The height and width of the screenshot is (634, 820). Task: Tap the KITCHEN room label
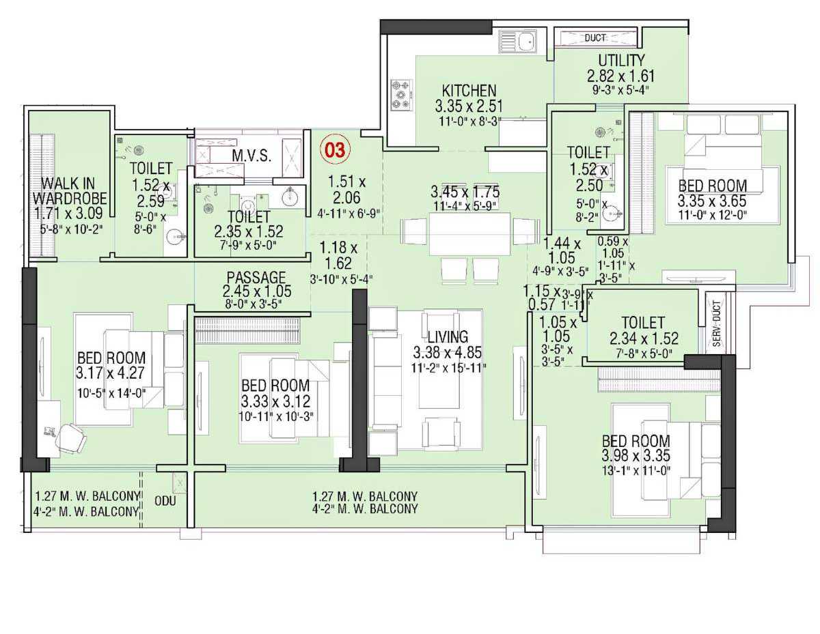(469, 91)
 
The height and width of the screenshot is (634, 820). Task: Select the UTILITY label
(620, 61)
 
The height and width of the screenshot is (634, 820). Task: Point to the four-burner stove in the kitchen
(400, 95)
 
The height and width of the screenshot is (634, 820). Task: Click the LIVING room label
(448, 336)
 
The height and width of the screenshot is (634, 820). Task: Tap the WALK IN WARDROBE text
(69, 191)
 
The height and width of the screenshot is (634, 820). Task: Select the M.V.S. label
(251, 155)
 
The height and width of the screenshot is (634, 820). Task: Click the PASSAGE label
(256, 277)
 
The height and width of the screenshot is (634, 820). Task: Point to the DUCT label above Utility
(596, 38)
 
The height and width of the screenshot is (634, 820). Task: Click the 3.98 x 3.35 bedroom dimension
(635, 455)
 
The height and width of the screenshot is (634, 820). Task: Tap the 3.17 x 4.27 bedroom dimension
(111, 372)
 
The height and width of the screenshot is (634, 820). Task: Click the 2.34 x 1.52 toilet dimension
(644, 338)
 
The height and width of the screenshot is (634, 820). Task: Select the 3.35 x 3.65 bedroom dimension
(712, 201)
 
